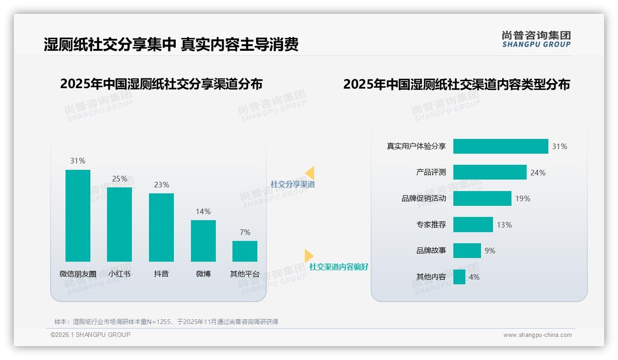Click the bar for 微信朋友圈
78,216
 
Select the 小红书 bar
119,224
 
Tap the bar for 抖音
161,227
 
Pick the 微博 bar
203,240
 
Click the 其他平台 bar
245,251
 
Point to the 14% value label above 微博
203,211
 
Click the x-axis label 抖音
161,274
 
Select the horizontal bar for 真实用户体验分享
500,146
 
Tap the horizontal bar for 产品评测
490,172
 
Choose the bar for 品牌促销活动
482,198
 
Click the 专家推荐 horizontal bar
473,225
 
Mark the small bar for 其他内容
459,277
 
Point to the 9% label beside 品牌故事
490,251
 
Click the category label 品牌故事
431,251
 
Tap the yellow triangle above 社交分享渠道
310,173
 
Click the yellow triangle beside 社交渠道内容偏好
309,256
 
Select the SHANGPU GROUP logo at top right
536,39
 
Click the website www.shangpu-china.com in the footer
537,335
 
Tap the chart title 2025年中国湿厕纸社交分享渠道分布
161,84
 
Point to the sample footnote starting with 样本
166,322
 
